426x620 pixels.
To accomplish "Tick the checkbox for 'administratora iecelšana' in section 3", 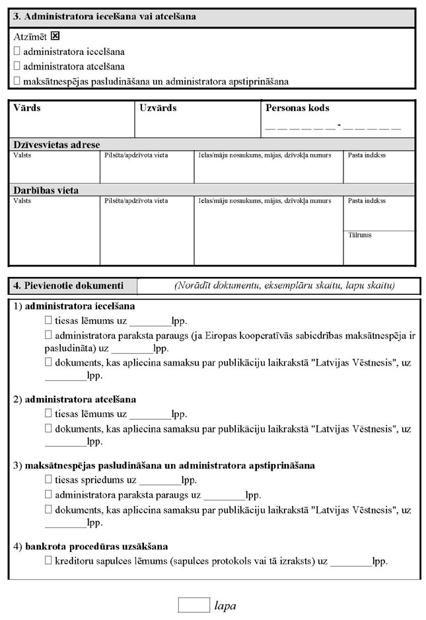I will [x=17, y=51].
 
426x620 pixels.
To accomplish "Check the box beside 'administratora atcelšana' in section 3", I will [x=17, y=66].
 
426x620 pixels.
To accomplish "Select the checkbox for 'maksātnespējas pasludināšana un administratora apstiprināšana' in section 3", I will [x=17, y=81].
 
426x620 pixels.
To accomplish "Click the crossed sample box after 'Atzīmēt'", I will [x=64, y=36].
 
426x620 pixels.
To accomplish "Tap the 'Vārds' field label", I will [x=27, y=108].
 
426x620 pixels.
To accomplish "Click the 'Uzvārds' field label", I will [x=159, y=108].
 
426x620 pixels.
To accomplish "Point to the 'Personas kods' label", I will [x=297, y=108].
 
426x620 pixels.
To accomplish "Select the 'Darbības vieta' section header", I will [x=46, y=190].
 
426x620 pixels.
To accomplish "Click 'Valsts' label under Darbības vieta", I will [x=22, y=200].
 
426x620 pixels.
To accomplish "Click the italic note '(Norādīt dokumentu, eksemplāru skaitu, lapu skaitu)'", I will [x=285, y=286].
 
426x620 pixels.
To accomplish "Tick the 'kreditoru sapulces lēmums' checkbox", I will [x=48, y=561].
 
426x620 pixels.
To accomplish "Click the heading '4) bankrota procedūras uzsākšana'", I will [x=90, y=547].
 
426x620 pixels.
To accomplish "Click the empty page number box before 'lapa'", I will [x=194, y=604].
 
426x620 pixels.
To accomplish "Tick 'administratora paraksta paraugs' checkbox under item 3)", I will [x=48, y=494].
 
